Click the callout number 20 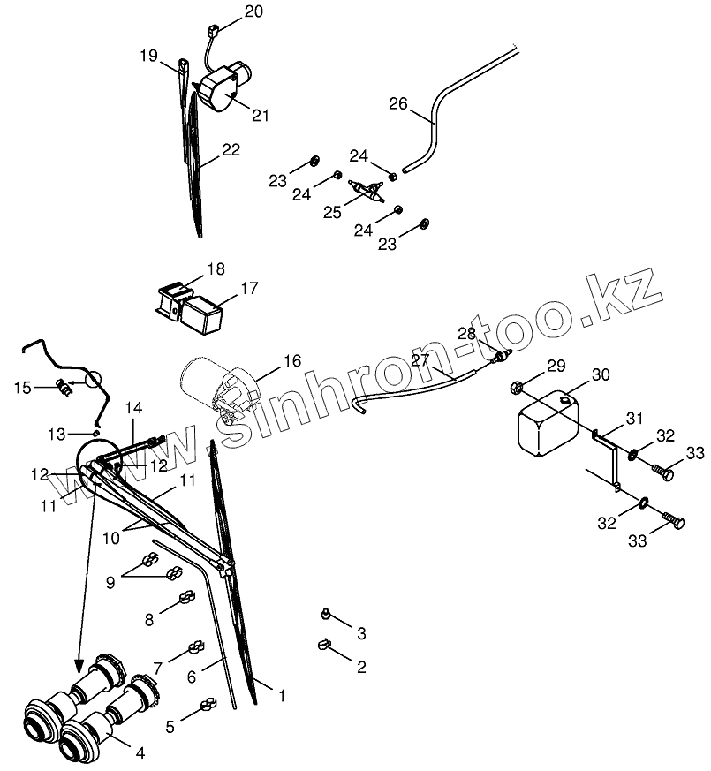(229, 12)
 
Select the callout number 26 (398, 104)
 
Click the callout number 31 (635, 418)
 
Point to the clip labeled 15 (64, 386)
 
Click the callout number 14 (133, 407)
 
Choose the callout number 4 (139, 753)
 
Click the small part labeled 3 (326, 612)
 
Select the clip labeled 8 (187, 600)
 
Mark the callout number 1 (281, 696)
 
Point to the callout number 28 (466, 333)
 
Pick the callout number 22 (231, 150)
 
